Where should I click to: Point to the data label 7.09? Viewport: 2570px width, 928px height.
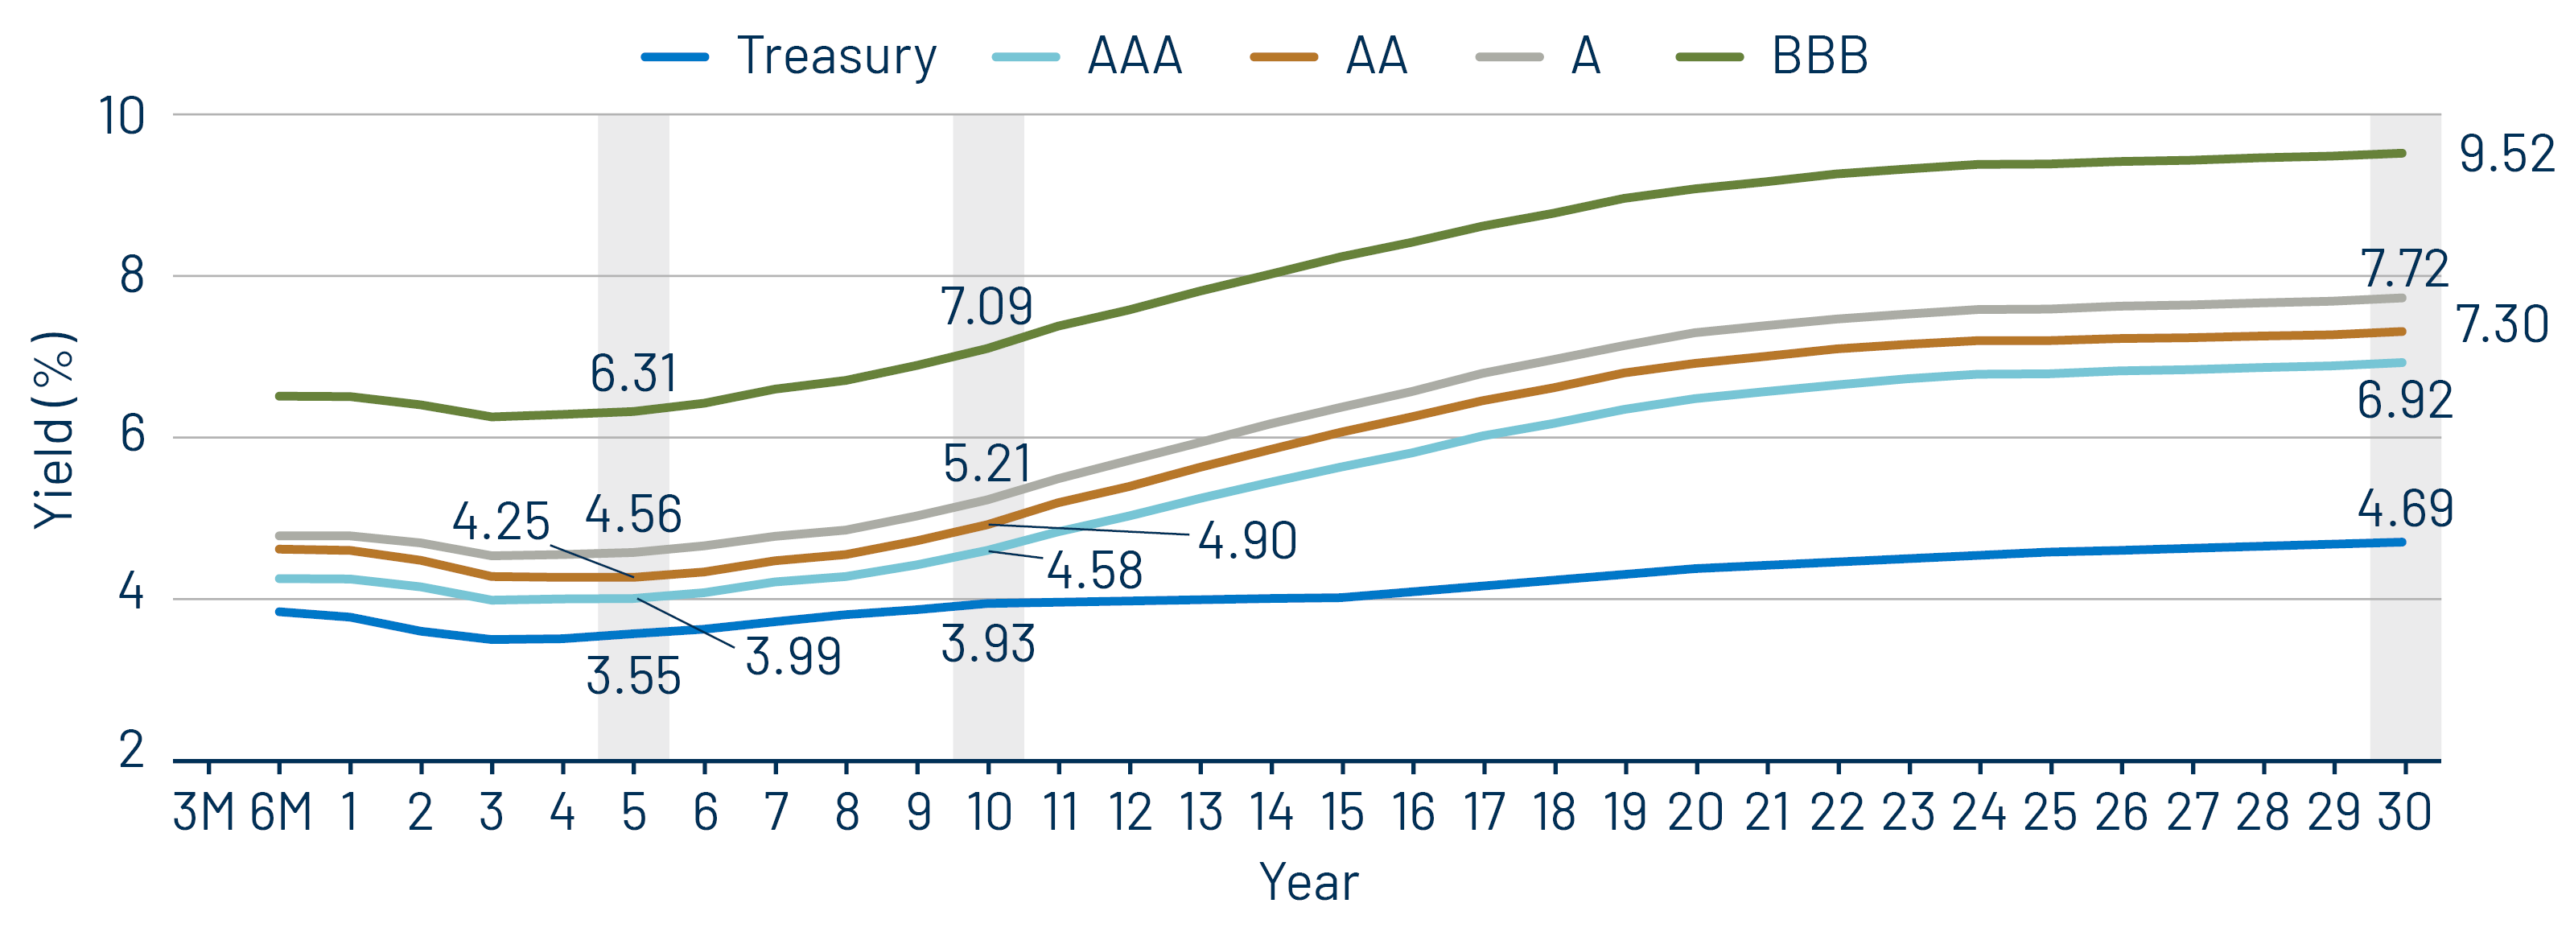[986, 307]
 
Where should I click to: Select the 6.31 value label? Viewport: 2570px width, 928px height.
[632, 374]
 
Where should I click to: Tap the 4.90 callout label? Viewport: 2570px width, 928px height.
[1247, 541]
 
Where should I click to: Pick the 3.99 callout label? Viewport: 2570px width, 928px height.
[793, 657]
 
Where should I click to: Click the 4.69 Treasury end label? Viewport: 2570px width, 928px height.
[2404, 509]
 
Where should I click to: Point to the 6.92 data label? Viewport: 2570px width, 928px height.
[2404, 400]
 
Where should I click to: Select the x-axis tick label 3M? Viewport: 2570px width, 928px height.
[204, 812]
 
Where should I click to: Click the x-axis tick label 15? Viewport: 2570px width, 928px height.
[1342, 812]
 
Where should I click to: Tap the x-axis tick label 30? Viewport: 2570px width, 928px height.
[2404, 812]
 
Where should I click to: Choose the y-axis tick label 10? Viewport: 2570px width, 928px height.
[121, 117]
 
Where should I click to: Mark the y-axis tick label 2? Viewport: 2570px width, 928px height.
[132, 750]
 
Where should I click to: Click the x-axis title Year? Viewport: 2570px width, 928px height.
[1308, 882]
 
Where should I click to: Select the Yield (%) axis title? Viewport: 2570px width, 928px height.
[55, 429]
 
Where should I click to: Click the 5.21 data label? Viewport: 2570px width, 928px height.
[986, 464]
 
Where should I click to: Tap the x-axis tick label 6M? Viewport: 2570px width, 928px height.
[280, 812]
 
